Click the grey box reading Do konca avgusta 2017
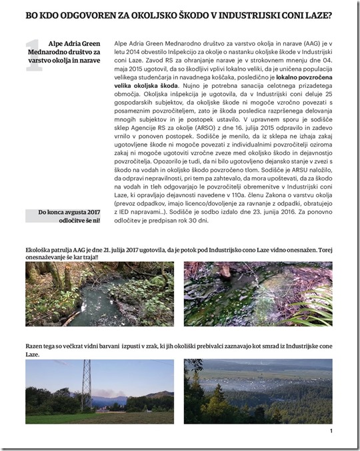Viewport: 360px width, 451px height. pos(65,215)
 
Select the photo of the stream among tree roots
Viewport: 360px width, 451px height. pos(100,294)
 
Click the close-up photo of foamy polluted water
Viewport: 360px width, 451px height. pos(257,294)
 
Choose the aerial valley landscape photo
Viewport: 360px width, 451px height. pos(257,391)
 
